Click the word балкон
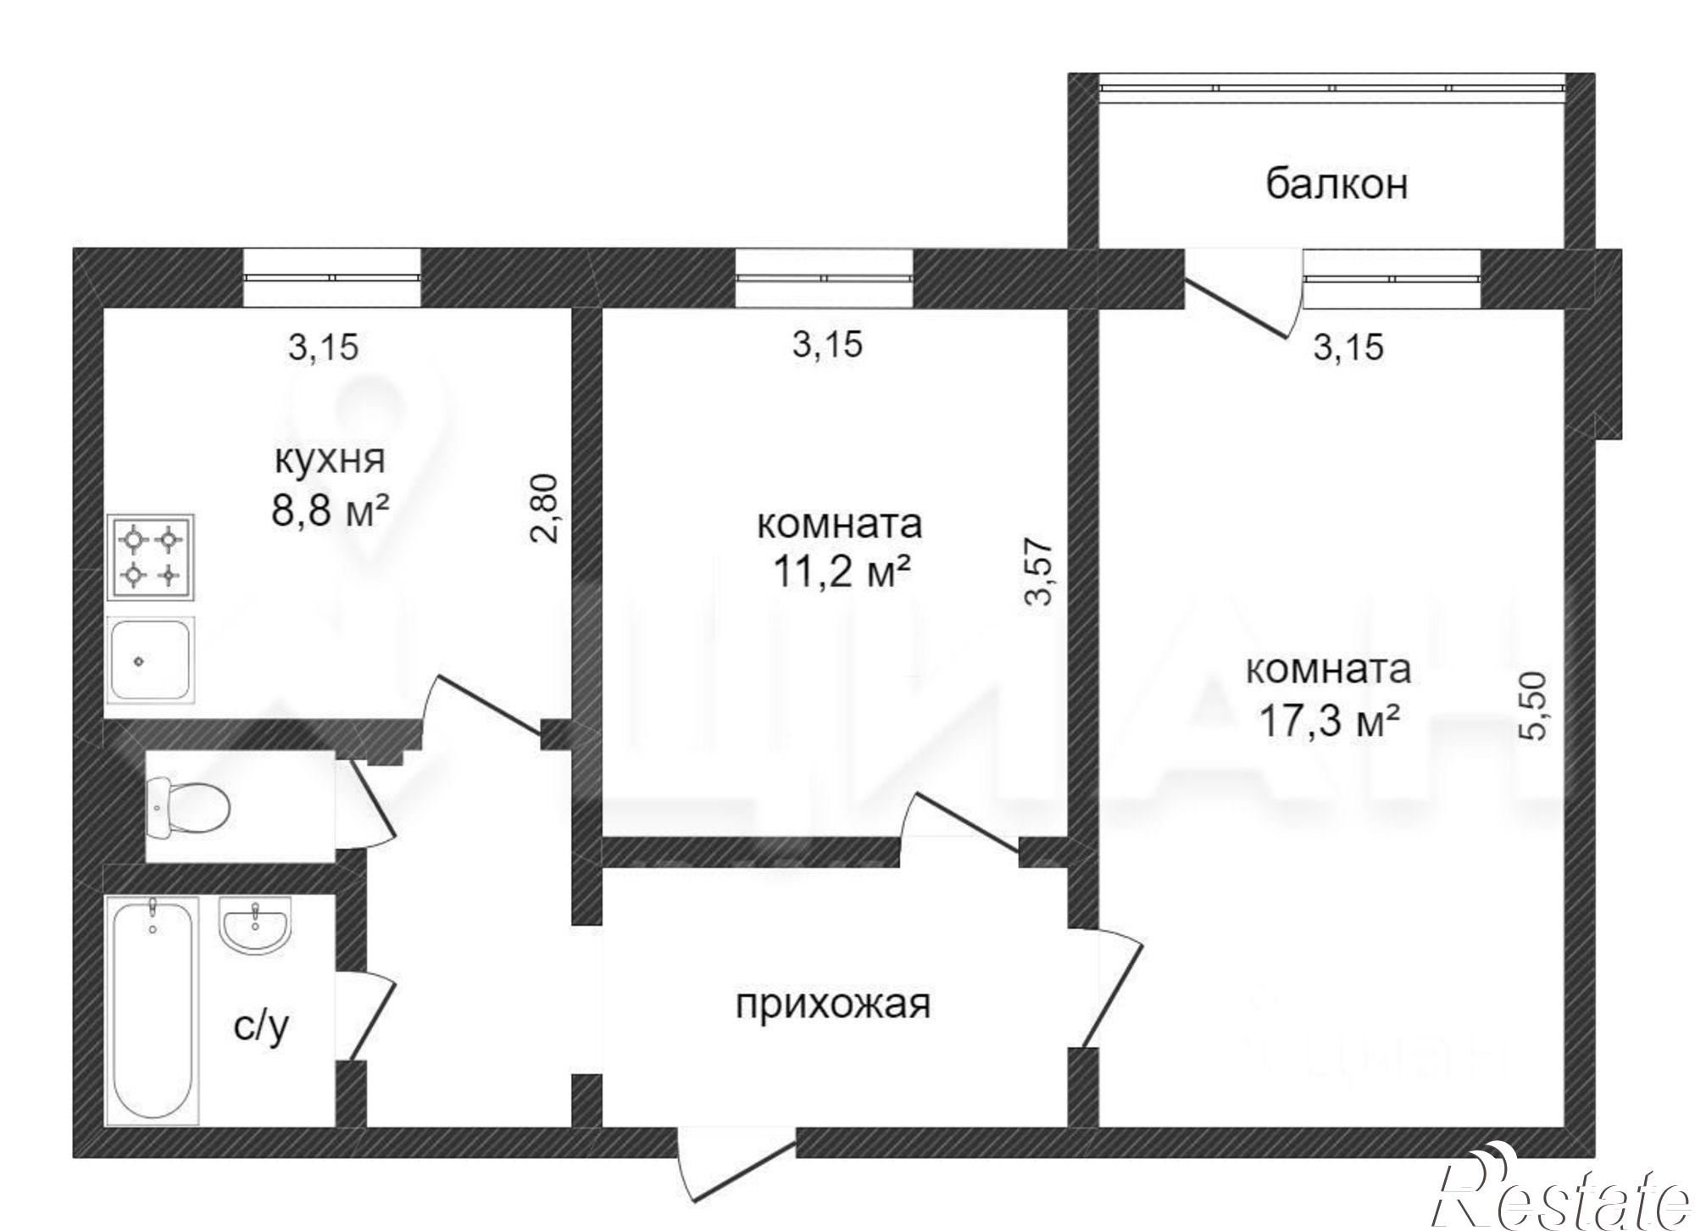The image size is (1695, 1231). [1337, 185]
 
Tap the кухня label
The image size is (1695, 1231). [331, 460]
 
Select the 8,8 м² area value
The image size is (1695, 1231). [331, 511]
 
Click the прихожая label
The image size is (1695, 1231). [832, 1005]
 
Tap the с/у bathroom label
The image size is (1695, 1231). [262, 1027]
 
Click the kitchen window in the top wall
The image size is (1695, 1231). [331, 277]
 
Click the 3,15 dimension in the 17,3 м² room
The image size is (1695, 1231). [1348, 348]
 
